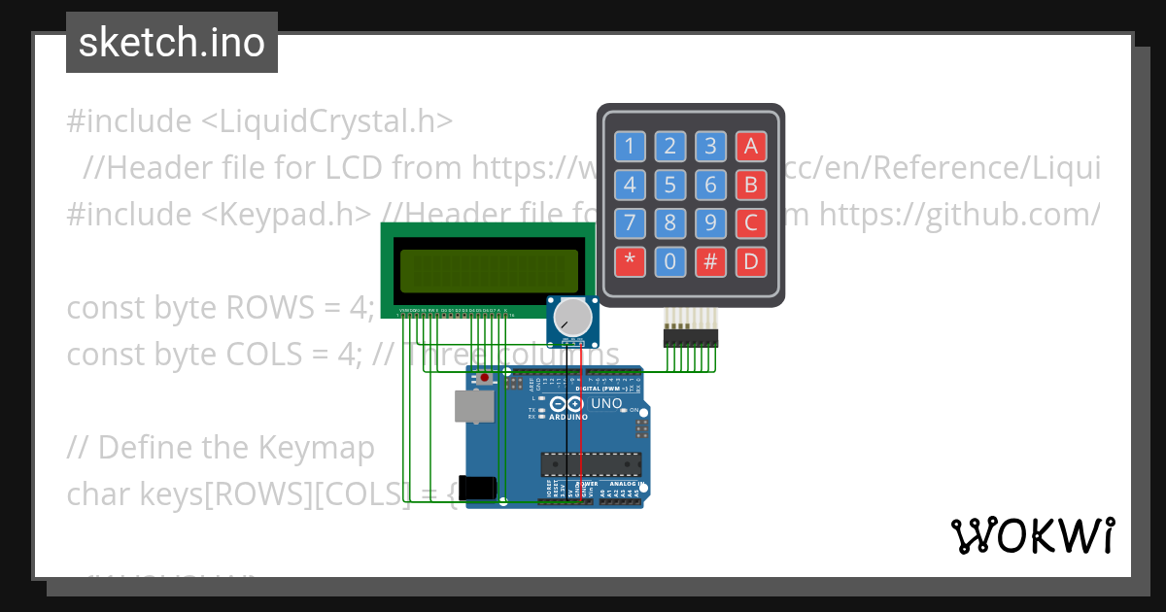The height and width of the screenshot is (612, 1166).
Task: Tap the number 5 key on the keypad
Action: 669,185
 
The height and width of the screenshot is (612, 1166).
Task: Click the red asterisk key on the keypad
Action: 630,261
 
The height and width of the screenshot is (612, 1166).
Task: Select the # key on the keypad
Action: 710,261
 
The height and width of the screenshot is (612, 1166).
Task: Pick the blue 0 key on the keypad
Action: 669,261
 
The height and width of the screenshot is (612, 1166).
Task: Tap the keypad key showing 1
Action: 630,147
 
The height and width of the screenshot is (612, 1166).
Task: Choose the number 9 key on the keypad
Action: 710,222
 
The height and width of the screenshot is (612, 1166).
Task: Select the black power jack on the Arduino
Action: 482,488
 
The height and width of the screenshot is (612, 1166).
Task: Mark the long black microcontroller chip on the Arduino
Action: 591,465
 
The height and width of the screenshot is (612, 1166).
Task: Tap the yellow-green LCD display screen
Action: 489,271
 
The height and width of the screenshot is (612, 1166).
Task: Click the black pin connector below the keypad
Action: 690,337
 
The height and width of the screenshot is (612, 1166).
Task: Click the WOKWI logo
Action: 1032,535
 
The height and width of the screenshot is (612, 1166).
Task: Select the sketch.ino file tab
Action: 172,43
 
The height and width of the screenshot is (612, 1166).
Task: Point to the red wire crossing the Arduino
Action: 582,427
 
